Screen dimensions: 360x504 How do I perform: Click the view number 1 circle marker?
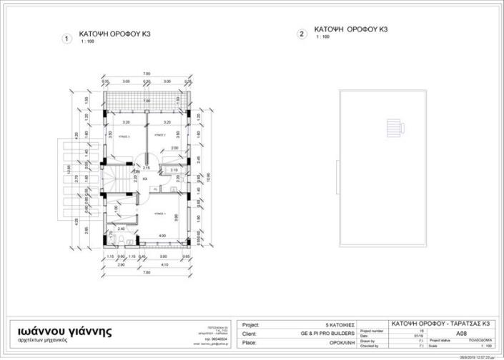(66, 39)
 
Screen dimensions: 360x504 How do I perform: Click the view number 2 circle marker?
(302, 34)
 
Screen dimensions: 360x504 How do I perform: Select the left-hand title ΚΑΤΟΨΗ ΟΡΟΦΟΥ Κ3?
(114, 34)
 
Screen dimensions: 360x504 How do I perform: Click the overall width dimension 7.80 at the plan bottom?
(146, 272)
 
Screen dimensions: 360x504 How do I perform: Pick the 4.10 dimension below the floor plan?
(164, 265)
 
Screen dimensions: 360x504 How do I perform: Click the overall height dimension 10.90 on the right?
(208, 176)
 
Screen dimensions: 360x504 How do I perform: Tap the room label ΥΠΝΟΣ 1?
(161, 214)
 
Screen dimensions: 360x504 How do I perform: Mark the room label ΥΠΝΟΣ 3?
(123, 135)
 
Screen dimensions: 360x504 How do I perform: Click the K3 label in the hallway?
(145, 178)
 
